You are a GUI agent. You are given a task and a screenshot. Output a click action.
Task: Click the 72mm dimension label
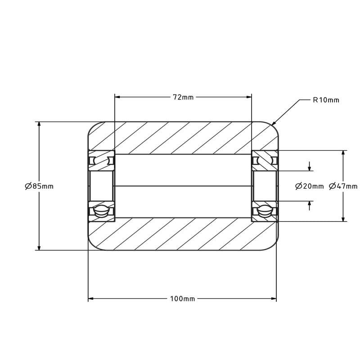coord(183,97)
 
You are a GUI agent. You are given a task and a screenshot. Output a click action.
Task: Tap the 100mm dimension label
coord(183,299)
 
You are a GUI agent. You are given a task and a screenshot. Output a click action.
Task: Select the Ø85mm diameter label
coord(39,186)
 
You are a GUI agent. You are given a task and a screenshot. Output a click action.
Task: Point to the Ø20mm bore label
coord(309,186)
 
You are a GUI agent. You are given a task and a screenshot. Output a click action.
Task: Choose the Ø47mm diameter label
coord(343,186)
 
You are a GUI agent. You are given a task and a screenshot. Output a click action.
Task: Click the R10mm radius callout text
coord(326,100)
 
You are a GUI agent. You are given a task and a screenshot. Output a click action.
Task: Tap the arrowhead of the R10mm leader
coord(274,123)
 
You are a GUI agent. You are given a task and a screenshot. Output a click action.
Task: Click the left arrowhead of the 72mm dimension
coord(117,97)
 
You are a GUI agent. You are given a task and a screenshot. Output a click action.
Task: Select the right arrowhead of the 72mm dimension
coord(249,97)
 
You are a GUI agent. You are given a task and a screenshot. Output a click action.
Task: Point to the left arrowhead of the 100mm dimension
coord(91,299)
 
